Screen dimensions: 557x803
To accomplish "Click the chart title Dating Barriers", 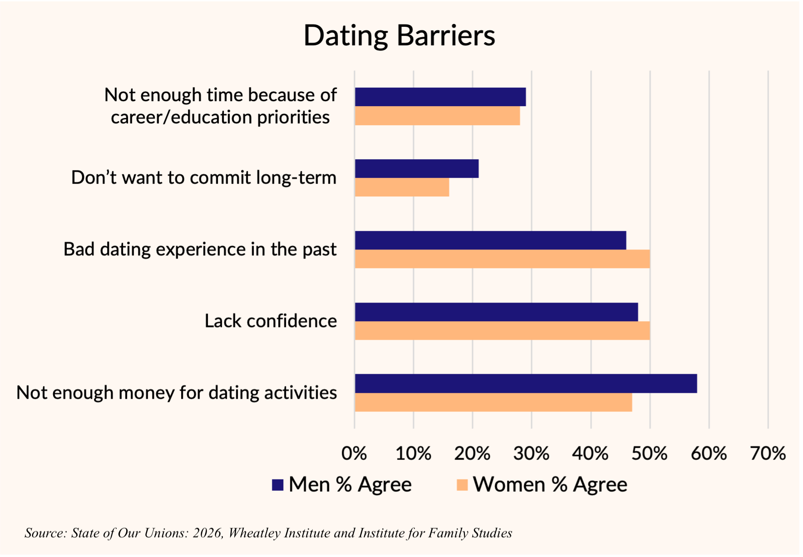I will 399,35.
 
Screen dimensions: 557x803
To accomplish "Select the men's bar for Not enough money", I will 526,384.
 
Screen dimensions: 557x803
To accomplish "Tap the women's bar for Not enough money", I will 493,402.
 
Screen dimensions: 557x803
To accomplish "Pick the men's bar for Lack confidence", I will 496,312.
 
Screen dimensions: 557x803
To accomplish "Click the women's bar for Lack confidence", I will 502,331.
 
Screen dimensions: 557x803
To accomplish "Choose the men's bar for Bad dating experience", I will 490,240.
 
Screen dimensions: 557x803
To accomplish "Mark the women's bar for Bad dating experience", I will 502,259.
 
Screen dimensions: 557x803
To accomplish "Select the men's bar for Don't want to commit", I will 417,169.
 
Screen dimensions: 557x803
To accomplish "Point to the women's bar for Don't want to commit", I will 402,187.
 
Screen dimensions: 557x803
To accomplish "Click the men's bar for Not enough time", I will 440,97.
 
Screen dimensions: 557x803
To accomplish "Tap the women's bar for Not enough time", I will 437,116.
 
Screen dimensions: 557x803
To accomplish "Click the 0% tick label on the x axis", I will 354,453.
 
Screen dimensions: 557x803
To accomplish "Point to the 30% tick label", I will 532,453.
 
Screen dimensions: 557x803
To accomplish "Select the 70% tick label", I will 768,453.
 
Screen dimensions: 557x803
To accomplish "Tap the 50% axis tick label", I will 650,453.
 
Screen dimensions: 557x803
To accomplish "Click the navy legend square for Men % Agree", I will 277,485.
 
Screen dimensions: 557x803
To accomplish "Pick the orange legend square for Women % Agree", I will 462,485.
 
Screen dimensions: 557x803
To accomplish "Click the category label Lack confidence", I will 271,321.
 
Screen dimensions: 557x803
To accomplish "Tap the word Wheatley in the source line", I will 254,533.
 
